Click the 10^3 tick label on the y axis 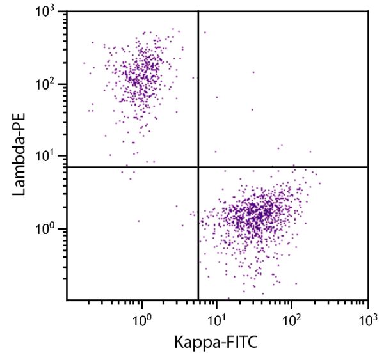tap(49, 13)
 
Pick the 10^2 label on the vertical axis tap(49, 84)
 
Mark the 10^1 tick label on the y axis tap(49, 157)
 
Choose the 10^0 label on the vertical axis tap(49, 228)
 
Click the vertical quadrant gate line tap(198, 96)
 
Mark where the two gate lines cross tap(198, 167)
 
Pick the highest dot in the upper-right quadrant tap(205, 32)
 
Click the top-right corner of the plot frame tap(368, 11)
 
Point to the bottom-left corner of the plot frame tap(67, 300)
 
